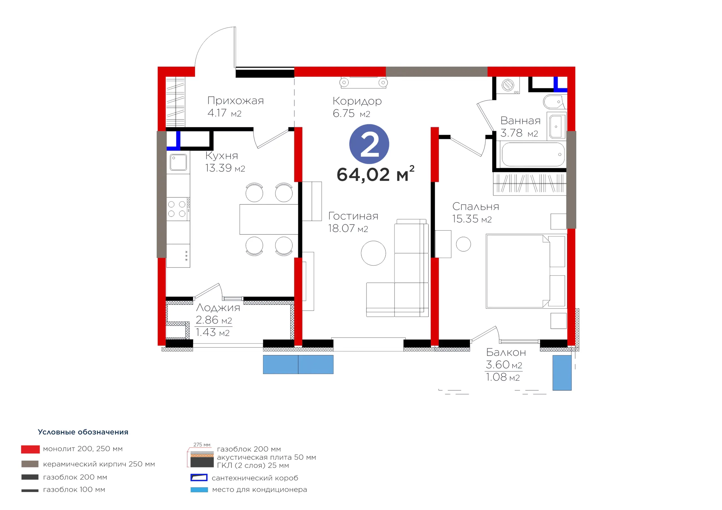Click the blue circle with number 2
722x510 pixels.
click(x=369, y=144)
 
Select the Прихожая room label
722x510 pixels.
click(x=235, y=101)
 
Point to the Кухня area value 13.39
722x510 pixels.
click(x=218, y=168)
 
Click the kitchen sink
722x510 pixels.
click(x=178, y=162)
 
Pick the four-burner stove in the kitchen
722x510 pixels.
click(x=178, y=209)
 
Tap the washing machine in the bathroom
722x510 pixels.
click(x=508, y=85)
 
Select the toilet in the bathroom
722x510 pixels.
click(x=554, y=101)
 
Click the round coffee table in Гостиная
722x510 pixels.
click(x=373, y=253)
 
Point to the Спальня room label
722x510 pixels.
click(x=476, y=207)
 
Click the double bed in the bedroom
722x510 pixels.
click(x=526, y=271)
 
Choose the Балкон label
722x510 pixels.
click(x=506, y=352)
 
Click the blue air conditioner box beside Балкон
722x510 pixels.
click(x=562, y=373)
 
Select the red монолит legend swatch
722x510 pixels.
click(x=30, y=449)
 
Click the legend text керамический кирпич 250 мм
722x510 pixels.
click(x=99, y=464)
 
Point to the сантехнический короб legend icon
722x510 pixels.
click(x=199, y=478)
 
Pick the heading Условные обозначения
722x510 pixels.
click(x=83, y=432)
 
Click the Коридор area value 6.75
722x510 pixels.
click(x=344, y=114)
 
